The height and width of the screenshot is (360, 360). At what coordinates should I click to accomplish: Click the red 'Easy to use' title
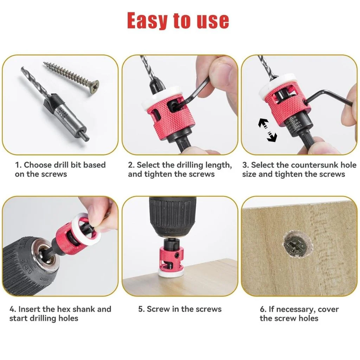[x=178, y=21]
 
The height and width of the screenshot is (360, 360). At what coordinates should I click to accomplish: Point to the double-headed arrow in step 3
[x=268, y=130]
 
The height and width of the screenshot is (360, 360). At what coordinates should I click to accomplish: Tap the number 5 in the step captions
[x=141, y=309]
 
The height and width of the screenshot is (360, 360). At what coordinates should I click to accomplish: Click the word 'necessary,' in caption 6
[x=294, y=309]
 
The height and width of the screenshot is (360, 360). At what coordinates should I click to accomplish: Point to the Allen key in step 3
[x=330, y=99]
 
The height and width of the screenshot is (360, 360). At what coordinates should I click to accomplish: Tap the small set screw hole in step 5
[x=177, y=255]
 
